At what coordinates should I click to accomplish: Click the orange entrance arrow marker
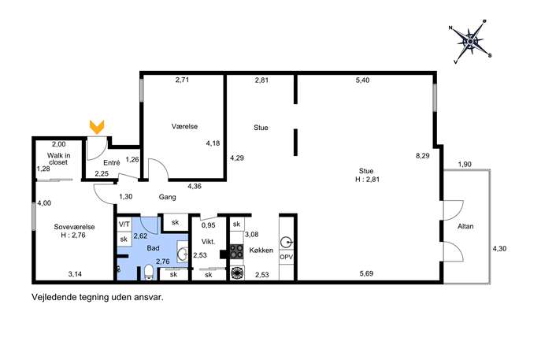pyautogui.click(x=97, y=127)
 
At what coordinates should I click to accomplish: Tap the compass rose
pyautogui.click(x=470, y=42)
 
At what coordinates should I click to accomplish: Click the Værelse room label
pyautogui.click(x=184, y=127)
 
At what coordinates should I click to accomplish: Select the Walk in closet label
pyautogui.click(x=58, y=159)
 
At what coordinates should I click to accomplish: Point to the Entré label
pyautogui.click(x=112, y=162)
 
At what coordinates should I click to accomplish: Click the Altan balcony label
pyautogui.click(x=465, y=226)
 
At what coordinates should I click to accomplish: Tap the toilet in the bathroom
pyautogui.click(x=149, y=272)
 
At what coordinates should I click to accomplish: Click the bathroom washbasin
pyautogui.click(x=182, y=254)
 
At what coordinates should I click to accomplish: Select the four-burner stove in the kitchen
pyautogui.click(x=237, y=251)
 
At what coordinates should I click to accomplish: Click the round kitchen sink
pyautogui.click(x=286, y=243)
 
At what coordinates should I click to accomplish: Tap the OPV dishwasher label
pyautogui.click(x=287, y=258)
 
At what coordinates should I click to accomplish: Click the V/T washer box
pyautogui.click(x=124, y=225)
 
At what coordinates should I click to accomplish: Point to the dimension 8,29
pyautogui.click(x=423, y=156)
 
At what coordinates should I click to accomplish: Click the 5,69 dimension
pyautogui.click(x=366, y=273)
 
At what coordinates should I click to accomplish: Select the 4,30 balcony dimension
pyautogui.click(x=499, y=248)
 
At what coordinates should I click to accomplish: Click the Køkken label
pyautogui.click(x=261, y=251)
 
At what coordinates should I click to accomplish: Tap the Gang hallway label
pyautogui.click(x=167, y=197)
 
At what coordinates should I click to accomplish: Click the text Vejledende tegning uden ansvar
pyautogui.click(x=98, y=297)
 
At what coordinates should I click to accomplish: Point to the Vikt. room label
pyautogui.click(x=209, y=242)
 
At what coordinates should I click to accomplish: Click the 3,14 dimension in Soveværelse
pyautogui.click(x=75, y=274)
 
